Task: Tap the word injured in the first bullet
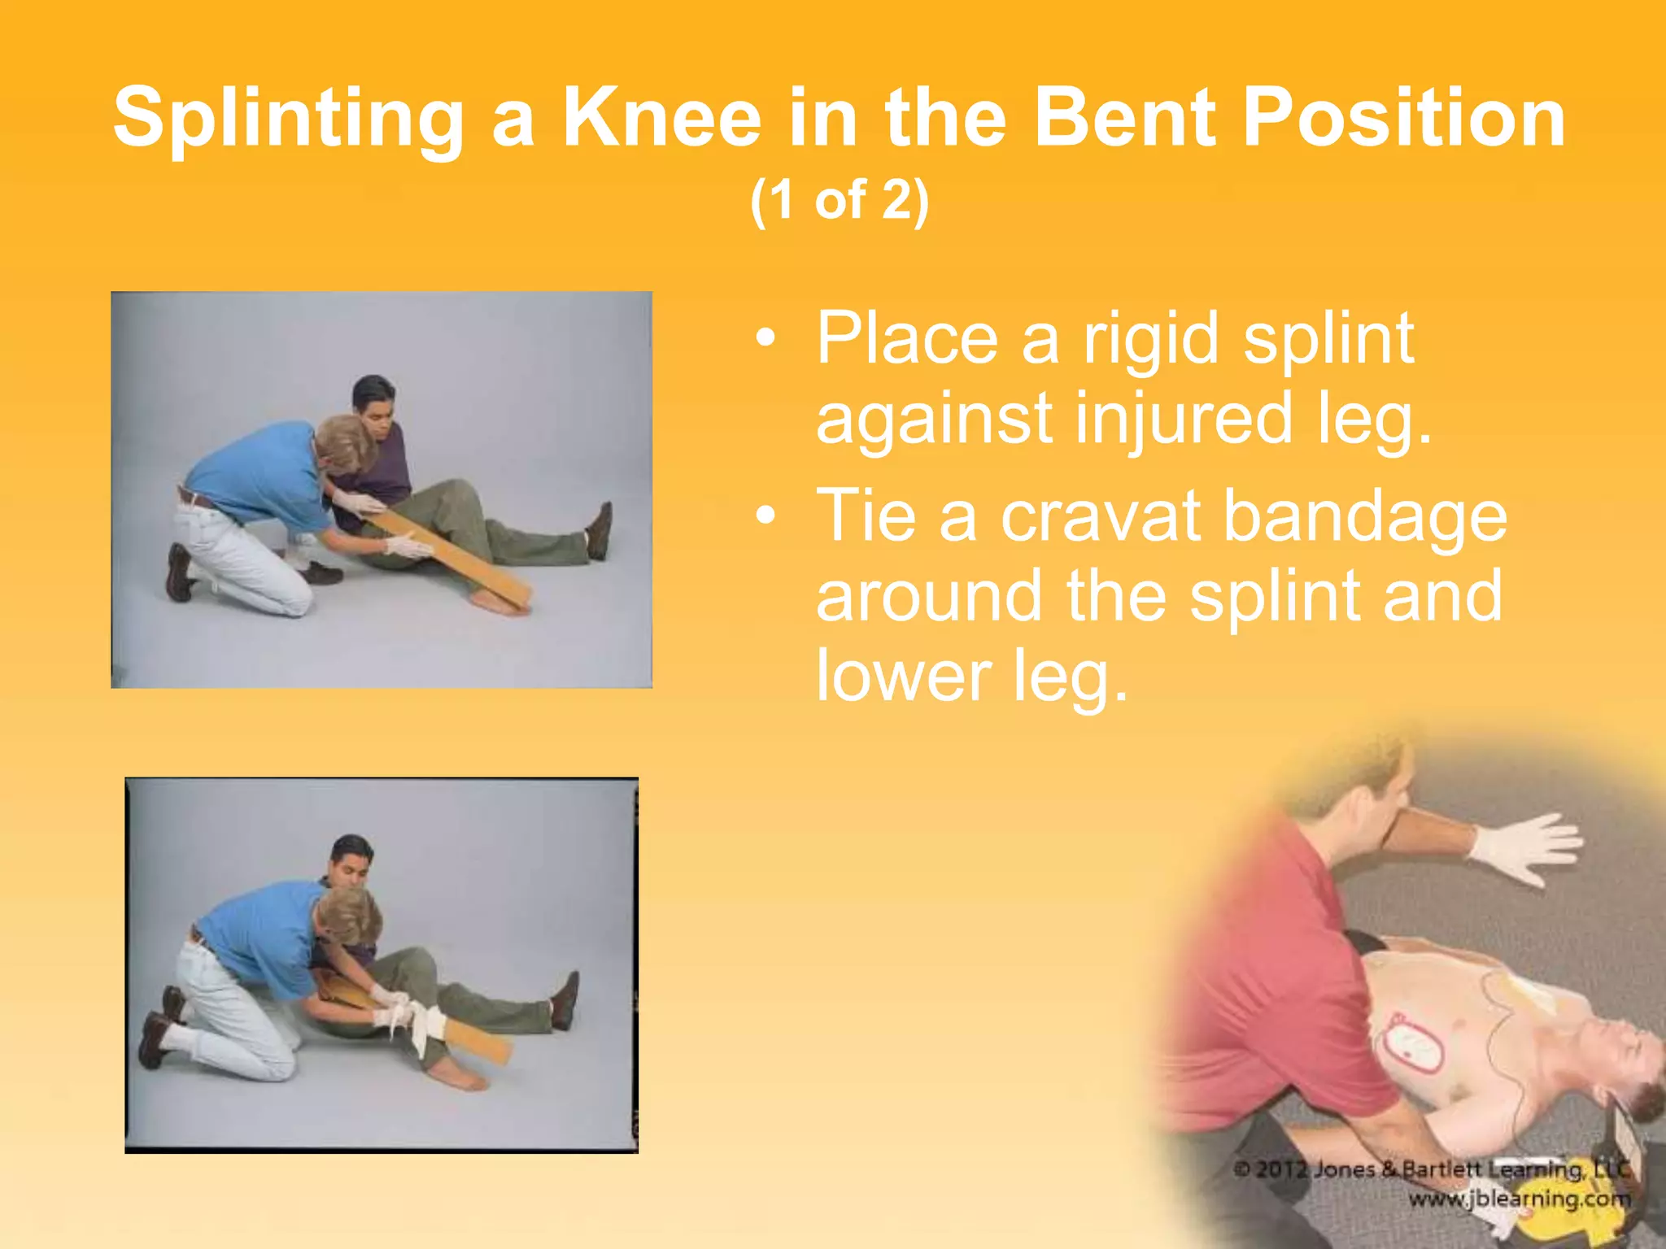tap(1184, 420)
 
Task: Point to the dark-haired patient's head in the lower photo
tap(352, 861)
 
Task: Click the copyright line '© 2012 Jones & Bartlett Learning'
tap(1432, 1170)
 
